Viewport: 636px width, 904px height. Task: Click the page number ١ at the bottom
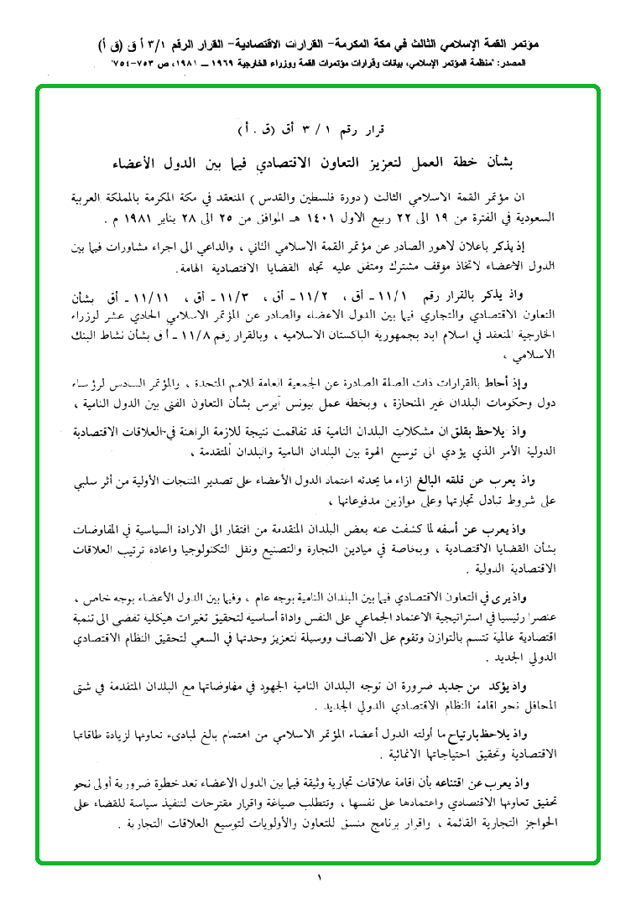(319, 878)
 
